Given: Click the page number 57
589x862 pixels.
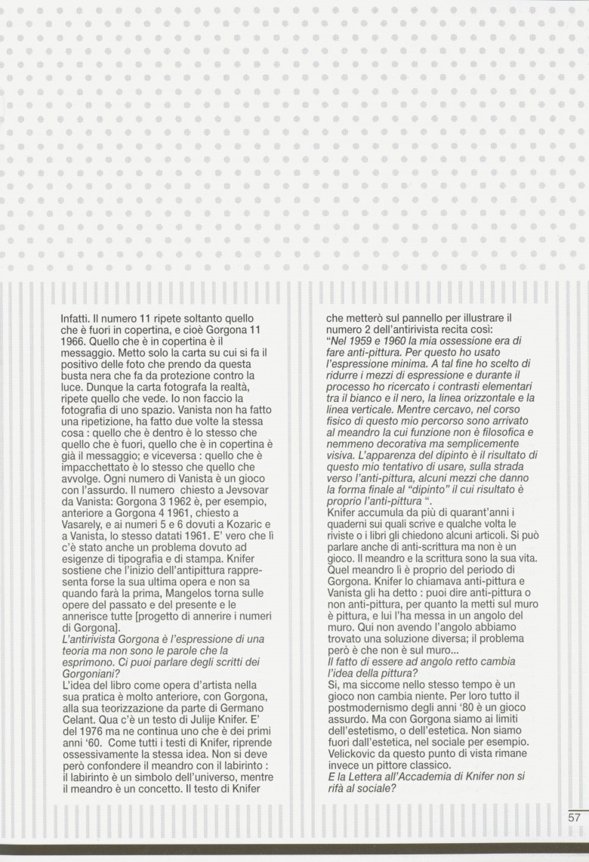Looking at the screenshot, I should pyautogui.click(x=575, y=817).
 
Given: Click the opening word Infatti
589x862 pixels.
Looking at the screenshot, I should pyautogui.click(x=74, y=320).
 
